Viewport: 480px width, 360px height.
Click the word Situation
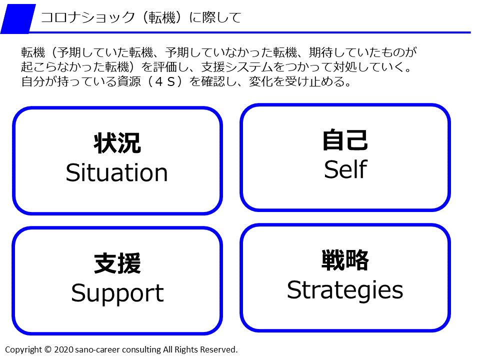pos(116,173)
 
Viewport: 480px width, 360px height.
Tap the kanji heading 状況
pos(117,143)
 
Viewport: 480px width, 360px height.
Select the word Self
pos(345,169)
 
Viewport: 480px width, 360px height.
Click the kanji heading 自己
pos(345,140)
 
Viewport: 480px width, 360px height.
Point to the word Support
pos(117,293)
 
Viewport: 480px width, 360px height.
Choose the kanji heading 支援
pos(117,264)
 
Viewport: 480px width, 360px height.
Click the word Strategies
pos(345,290)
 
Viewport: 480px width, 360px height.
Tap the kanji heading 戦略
pos(345,260)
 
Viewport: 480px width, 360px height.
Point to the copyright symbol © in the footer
pos(48,349)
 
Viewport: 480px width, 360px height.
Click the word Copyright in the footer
pos(24,349)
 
